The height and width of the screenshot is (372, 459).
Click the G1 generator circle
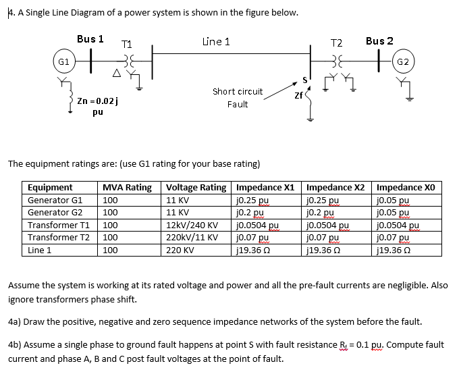(x=65, y=61)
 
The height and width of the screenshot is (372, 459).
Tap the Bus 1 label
(x=90, y=39)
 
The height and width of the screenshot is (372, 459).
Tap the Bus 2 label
(x=380, y=41)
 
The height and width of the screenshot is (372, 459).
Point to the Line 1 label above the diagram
(x=216, y=42)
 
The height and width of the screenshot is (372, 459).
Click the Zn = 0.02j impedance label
(x=99, y=101)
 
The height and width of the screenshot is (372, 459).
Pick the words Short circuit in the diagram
(x=237, y=91)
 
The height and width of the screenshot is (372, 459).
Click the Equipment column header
(x=50, y=188)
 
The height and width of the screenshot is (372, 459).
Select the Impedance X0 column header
(x=406, y=188)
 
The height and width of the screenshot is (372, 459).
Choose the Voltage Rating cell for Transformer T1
(x=192, y=225)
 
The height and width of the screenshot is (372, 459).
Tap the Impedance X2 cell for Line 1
(x=326, y=250)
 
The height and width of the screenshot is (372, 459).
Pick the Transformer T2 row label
(x=58, y=238)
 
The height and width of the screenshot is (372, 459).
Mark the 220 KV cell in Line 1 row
(x=180, y=250)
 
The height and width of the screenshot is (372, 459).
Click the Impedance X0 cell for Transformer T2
(x=396, y=238)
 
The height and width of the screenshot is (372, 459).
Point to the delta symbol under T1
(x=117, y=72)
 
